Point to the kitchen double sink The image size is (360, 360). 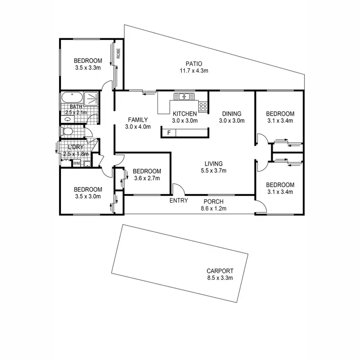coord(182,96)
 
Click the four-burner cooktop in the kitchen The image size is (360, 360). coord(203,106)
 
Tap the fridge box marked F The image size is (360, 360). coord(168,132)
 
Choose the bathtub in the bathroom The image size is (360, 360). coord(72,99)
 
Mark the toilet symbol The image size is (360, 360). coord(68,132)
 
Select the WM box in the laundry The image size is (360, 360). coord(76,163)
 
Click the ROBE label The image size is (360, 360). coord(118,53)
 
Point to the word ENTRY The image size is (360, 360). coord(179,201)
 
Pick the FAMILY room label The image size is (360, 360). coord(137,120)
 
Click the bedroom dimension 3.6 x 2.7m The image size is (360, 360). coord(146,179)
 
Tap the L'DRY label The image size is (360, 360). coord(75,147)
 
